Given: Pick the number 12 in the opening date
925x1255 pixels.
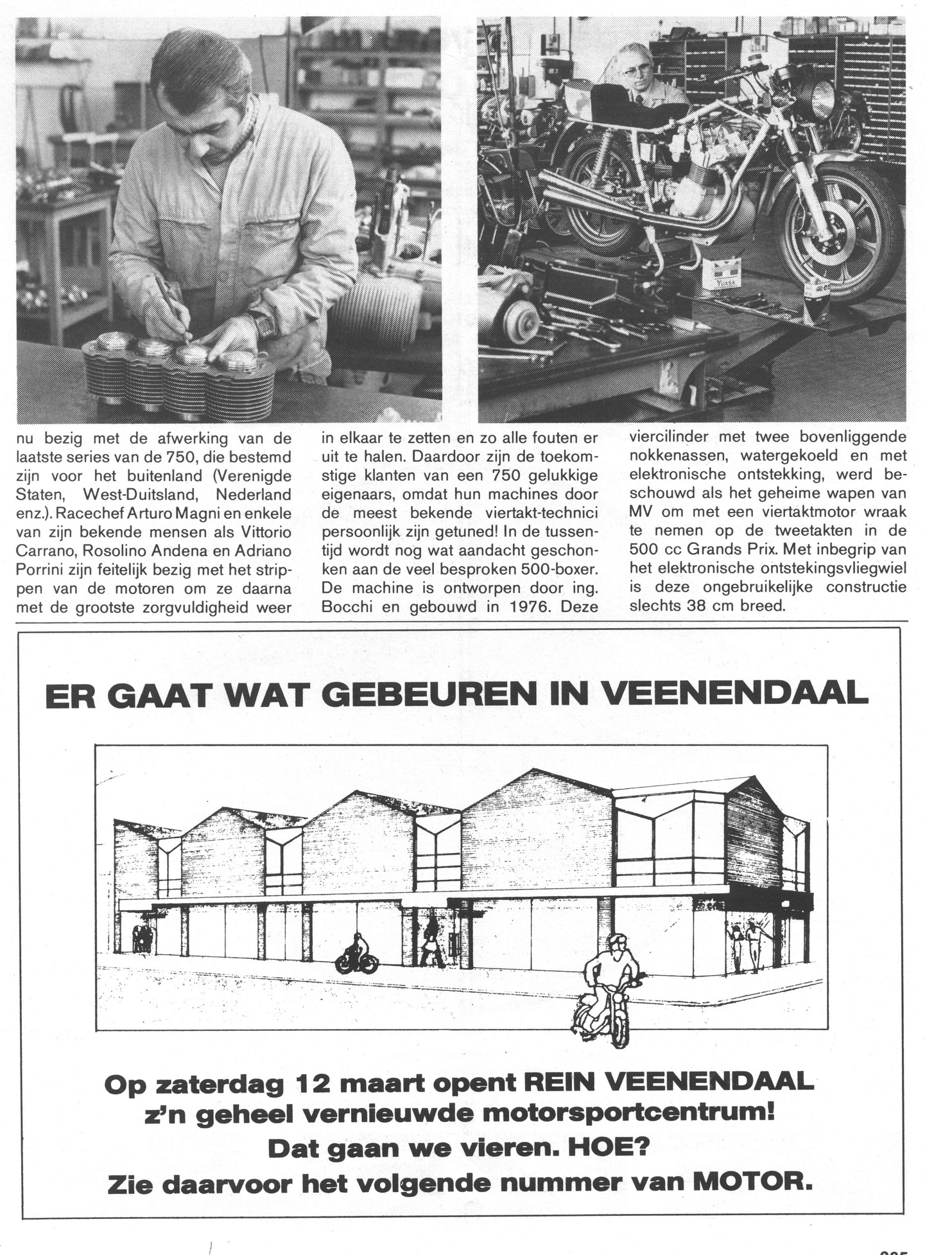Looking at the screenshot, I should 313,1084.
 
